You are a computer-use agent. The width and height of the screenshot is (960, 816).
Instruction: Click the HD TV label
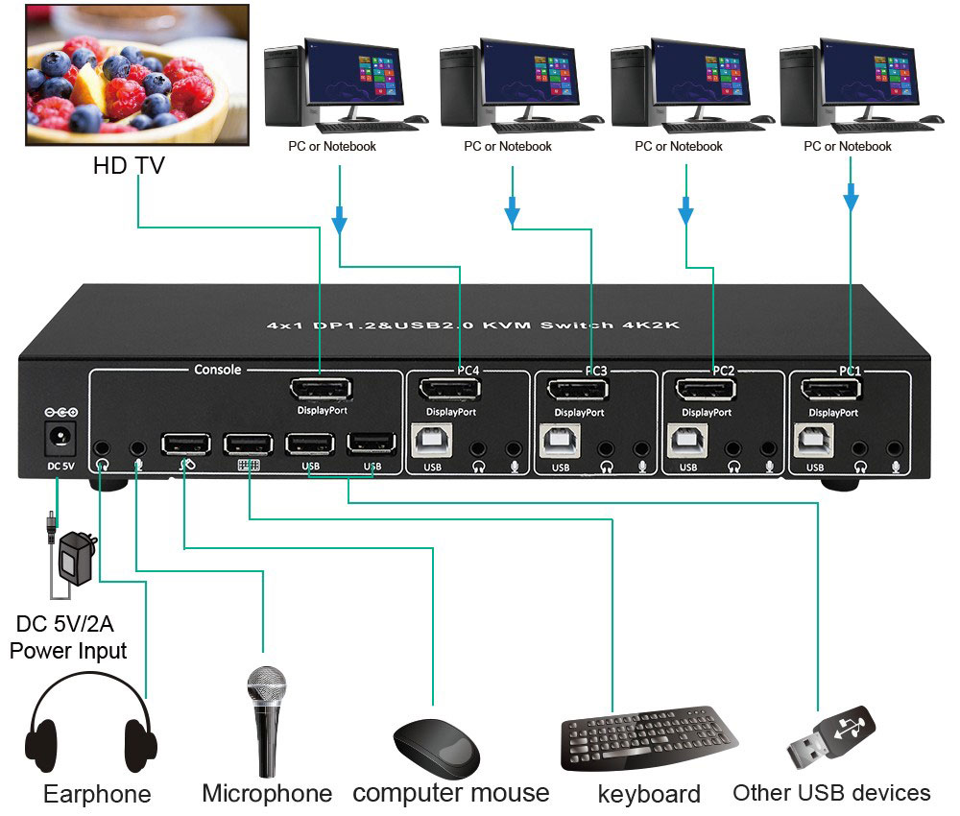pyautogui.click(x=129, y=165)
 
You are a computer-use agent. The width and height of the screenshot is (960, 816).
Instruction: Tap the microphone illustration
pyautogui.click(x=266, y=720)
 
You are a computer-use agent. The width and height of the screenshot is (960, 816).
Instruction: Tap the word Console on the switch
pyautogui.click(x=218, y=370)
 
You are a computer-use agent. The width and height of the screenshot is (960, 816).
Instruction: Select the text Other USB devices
pyautogui.click(x=831, y=793)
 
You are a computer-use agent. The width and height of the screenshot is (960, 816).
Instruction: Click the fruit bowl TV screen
pyautogui.click(x=127, y=74)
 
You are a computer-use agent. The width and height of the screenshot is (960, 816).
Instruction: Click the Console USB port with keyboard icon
pyautogui.click(x=249, y=443)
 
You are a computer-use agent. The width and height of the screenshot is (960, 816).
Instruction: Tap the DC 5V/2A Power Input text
pyautogui.click(x=69, y=638)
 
